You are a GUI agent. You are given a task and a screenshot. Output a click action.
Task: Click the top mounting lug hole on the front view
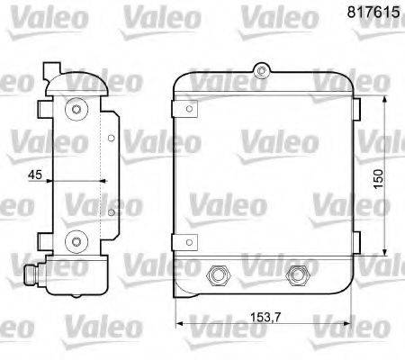pyautogui.click(x=261, y=68)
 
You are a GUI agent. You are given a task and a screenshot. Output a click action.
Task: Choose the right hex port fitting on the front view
pyautogui.click(x=294, y=276)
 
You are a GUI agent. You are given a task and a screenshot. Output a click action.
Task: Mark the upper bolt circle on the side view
pyautogui.click(x=76, y=110)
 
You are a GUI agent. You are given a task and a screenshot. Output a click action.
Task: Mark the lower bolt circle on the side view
pyautogui.click(x=76, y=239)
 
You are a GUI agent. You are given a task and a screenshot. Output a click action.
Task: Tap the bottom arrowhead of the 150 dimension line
pyautogui.click(x=384, y=252)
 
